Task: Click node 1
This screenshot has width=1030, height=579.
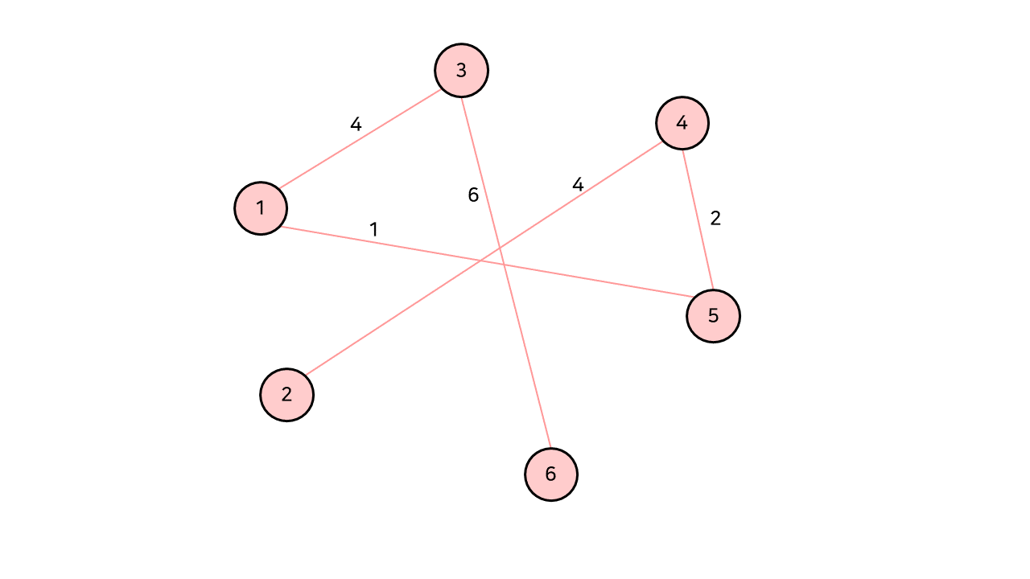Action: (x=261, y=208)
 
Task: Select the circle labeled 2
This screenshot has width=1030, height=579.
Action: (x=286, y=395)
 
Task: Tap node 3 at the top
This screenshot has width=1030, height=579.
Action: (x=461, y=70)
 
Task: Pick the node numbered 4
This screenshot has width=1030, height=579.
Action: (x=682, y=123)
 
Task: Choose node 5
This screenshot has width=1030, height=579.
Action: (x=713, y=316)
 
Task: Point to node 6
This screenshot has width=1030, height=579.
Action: (x=551, y=474)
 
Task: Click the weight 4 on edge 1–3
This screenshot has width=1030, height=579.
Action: (x=356, y=125)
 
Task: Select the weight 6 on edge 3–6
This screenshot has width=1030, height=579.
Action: (x=473, y=195)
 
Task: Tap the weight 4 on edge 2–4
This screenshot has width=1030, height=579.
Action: (x=578, y=184)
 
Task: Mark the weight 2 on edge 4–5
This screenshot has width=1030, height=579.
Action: (x=715, y=218)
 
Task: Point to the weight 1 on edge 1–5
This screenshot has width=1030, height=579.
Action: (x=373, y=229)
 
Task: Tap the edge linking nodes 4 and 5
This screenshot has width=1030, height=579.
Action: (x=698, y=220)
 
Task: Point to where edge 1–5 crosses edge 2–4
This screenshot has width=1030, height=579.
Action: (x=481, y=260)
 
